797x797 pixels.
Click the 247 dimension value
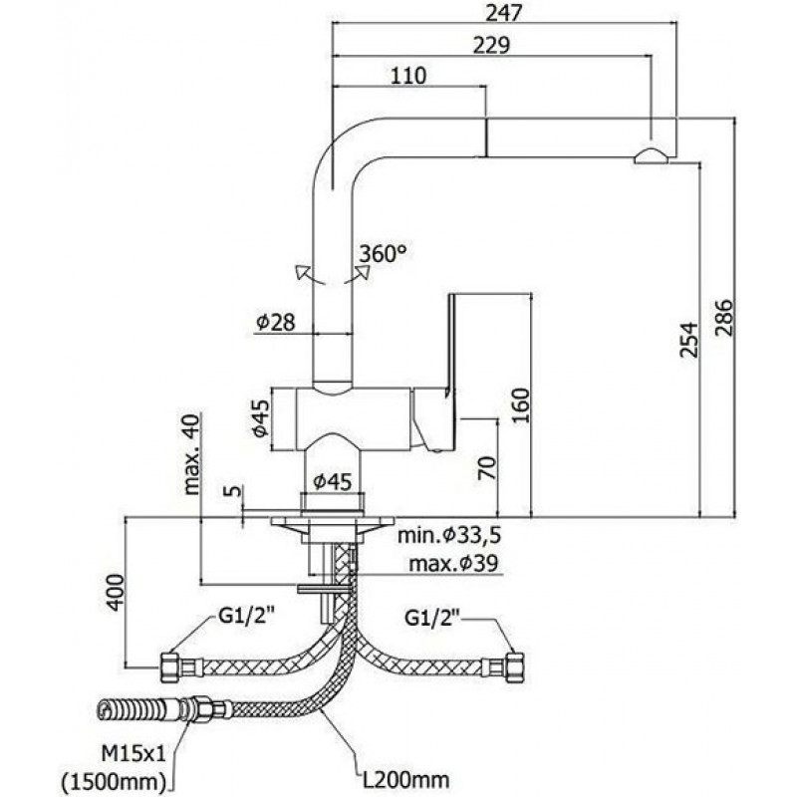[x=503, y=14]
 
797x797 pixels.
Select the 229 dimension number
[x=491, y=45]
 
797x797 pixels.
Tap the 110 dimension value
[x=408, y=76]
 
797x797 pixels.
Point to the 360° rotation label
[x=383, y=254]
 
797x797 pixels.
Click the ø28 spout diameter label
[x=276, y=322]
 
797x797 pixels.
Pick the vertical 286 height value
[x=725, y=318]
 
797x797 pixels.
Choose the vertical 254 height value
[x=689, y=340]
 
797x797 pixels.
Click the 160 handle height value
[x=520, y=405]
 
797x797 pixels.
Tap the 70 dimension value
[x=486, y=467]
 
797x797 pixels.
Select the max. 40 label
[x=192, y=454]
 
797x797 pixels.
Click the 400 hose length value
[x=115, y=592]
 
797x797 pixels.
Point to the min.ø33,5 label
[x=449, y=535]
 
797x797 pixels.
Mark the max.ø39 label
[x=454, y=563]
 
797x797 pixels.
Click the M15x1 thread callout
[x=133, y=754]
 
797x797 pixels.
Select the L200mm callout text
[x=405, y=779]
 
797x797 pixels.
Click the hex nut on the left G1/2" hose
[x=169, y=666]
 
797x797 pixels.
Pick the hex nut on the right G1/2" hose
[x=515, y=666]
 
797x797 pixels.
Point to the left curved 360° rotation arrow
[x=309, y=275]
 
